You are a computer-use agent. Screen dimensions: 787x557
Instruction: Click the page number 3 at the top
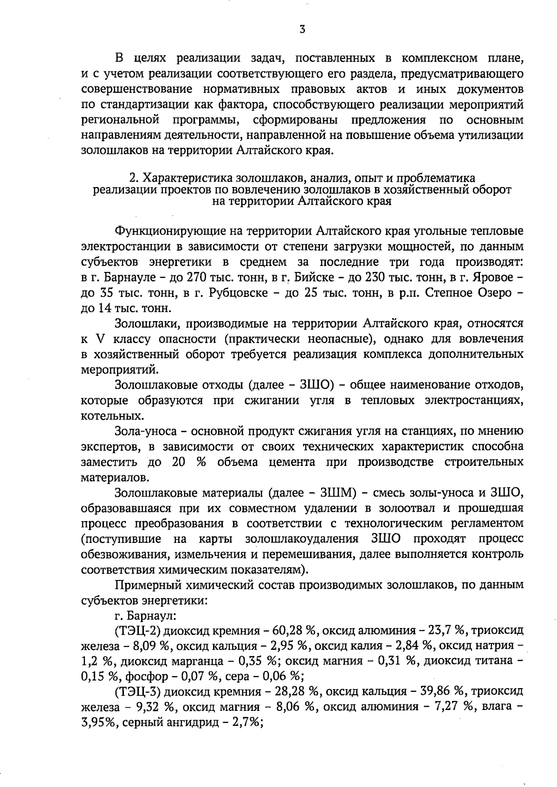302,30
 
